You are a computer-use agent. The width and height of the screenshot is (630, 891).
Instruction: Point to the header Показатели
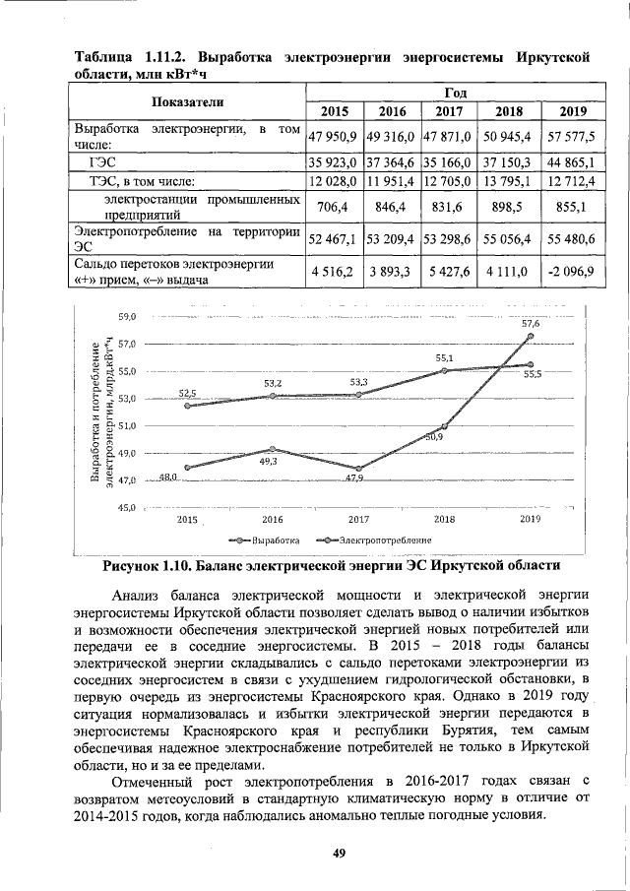187,101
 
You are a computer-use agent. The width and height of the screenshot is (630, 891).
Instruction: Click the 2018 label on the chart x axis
444,518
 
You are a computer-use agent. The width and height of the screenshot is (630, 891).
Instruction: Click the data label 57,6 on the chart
530,323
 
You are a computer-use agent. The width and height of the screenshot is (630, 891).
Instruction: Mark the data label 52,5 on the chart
188,393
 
